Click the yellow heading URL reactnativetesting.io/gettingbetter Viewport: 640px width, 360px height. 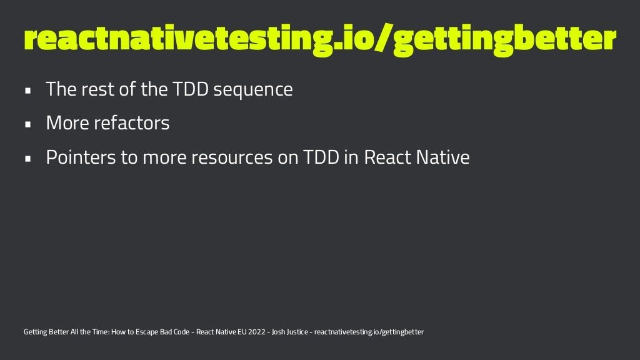coord(319,39)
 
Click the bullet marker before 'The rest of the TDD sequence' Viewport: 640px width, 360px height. coord(27,91)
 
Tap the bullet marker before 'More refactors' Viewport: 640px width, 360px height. coord(27,124)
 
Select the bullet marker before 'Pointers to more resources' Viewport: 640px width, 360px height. coord(27,158)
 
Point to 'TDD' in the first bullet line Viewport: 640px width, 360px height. coord(189,89)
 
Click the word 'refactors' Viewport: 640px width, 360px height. coord(132,123)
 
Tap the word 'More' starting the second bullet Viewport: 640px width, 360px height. coord(67,123)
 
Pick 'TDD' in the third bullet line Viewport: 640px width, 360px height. coord(321,157)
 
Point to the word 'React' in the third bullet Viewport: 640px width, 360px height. coord(386,157)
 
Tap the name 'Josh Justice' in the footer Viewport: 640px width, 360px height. coord(291,332)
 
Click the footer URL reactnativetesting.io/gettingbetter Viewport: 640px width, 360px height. coord(369,332)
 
